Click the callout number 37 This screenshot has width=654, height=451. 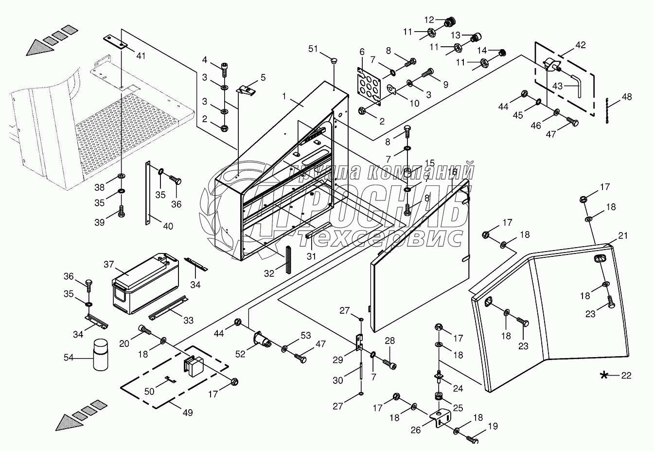pos(108,264)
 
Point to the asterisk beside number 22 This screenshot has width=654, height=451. pos(604,375)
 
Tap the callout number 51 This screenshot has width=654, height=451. pos(313,49)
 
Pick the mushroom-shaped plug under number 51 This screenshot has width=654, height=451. pos(333,61)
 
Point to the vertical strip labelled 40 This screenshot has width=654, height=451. pos(147,193)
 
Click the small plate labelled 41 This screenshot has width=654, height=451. pos(116,41)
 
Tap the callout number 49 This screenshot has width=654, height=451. pos(187,413)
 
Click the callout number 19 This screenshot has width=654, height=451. pos(493,427)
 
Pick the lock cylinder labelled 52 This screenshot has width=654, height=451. pos(263,339)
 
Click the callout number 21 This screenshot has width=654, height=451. pos(623,236)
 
